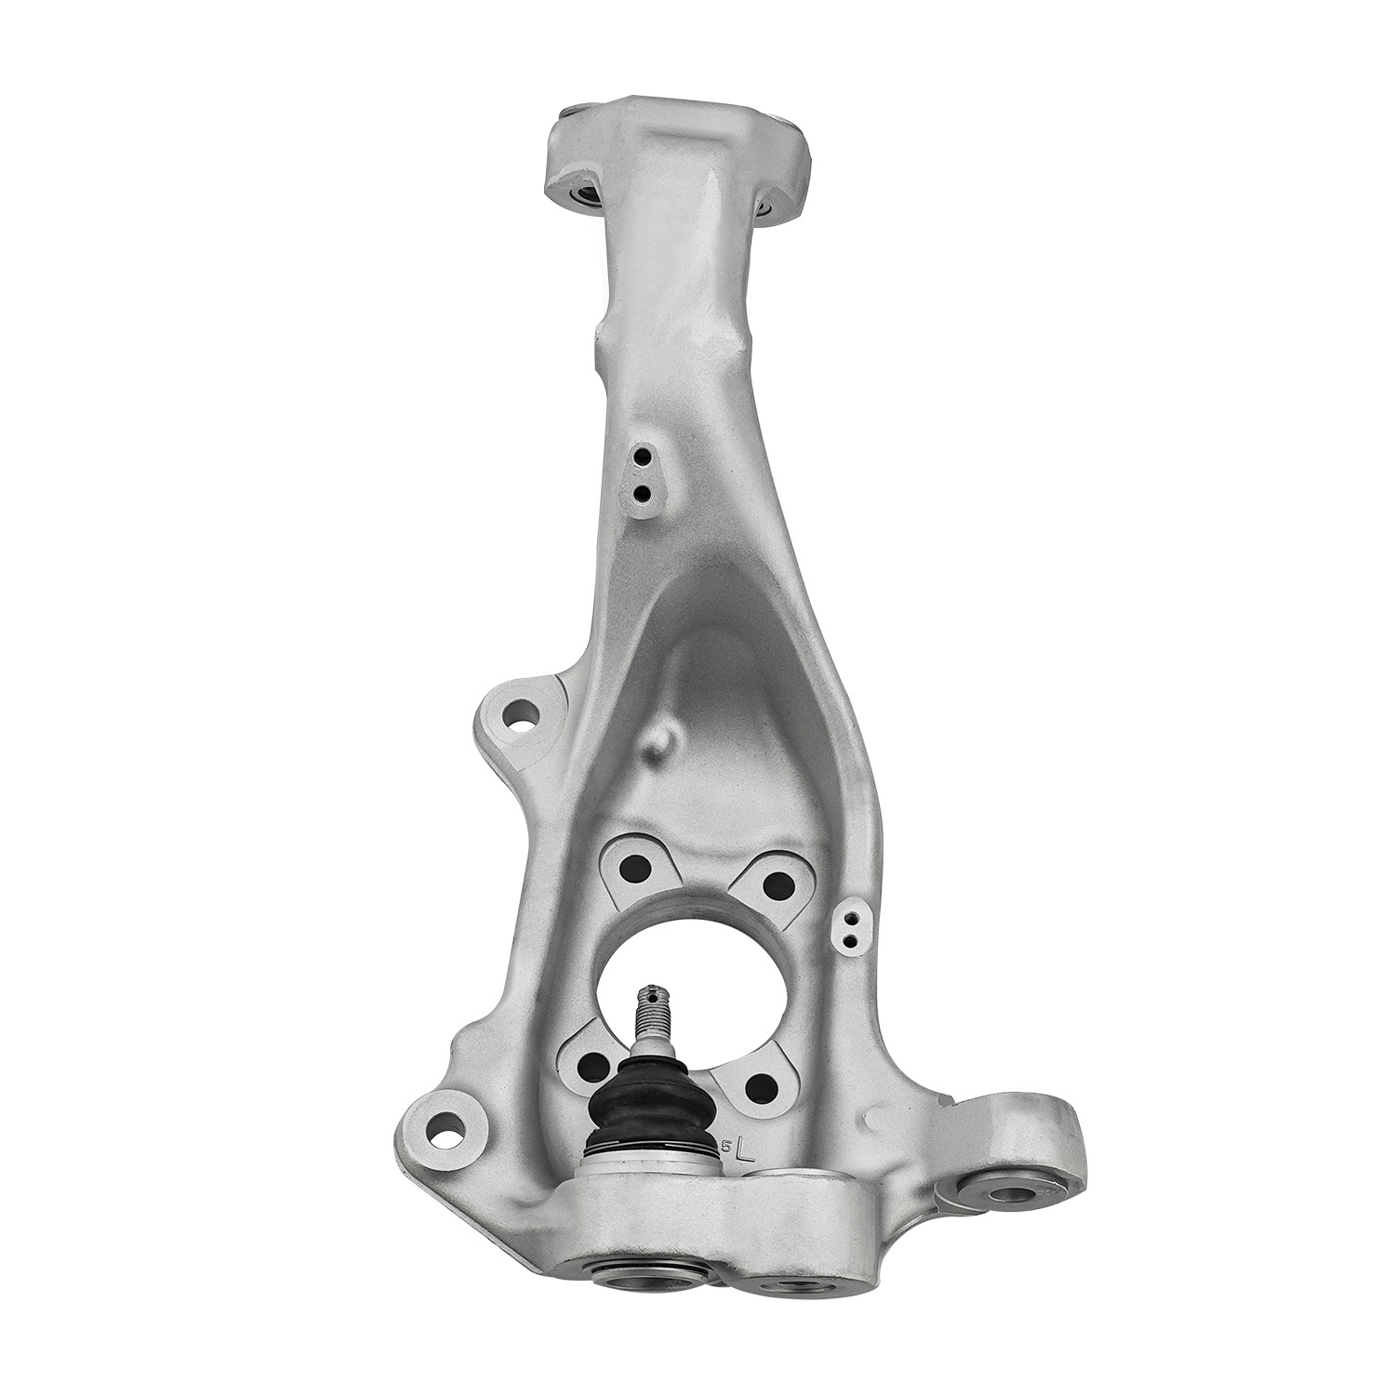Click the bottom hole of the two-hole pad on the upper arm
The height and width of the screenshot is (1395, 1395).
point(641,492)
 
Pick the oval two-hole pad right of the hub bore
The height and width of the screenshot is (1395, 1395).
point(849,923)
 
